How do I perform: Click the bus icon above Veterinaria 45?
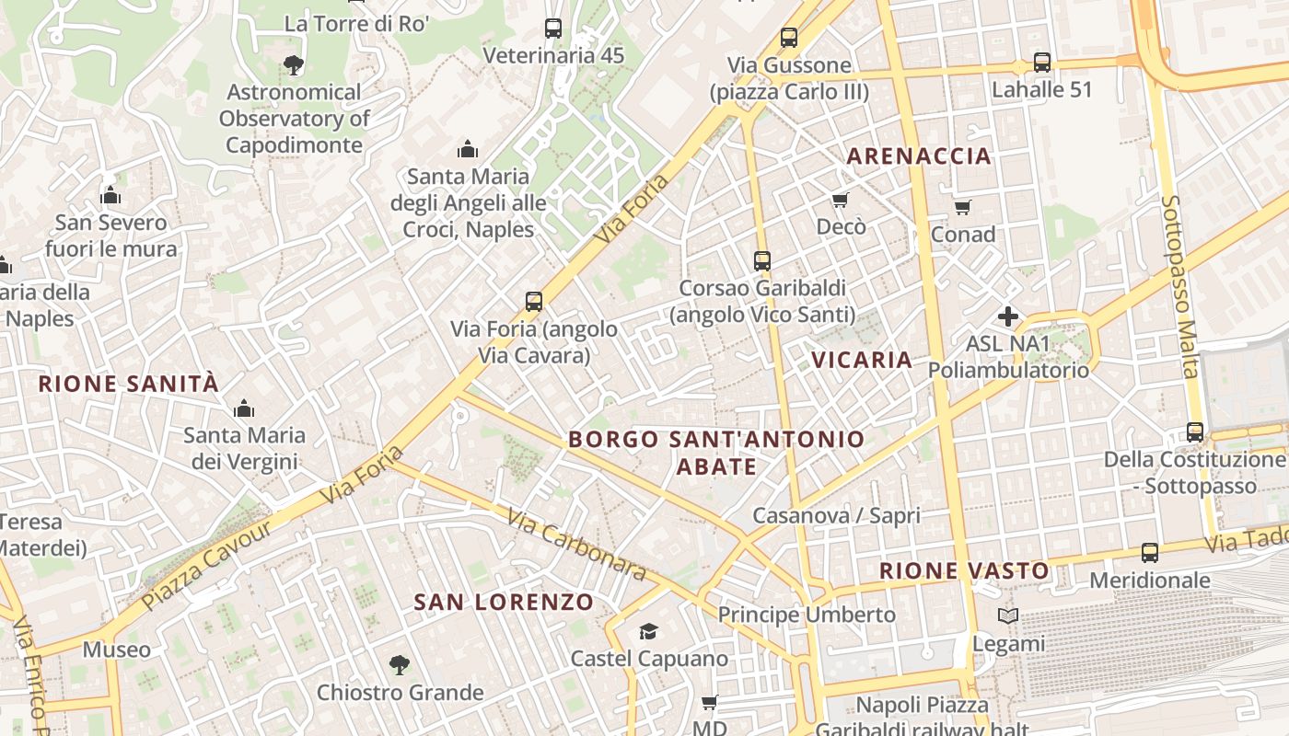[x=552, y=29]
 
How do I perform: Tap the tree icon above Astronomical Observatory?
[x=294, y=64]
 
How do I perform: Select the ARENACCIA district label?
[x=918, y=156]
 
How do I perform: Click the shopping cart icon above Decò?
[x=840, y=200]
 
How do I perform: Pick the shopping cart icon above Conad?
[x=962, y=207]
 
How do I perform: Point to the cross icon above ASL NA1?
[x=1008, y=317]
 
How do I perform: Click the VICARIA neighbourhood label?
[x=862, y=360]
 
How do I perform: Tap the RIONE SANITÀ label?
[x=129, y=384]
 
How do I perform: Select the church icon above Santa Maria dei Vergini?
[x=244, y=408]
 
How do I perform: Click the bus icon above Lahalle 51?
[x=1041, y=63]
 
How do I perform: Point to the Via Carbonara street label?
[x=576, y=546]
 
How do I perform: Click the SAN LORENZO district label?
[x=504, y=603]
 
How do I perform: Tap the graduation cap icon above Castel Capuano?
[x=649, y=631]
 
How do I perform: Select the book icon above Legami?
[x=1008, y=616]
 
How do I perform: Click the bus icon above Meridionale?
[x=1149, y=553]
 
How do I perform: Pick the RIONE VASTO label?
[x=964, y=571]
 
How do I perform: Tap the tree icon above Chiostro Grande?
[x=399, y=664]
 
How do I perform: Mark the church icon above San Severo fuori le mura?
[x=110, y=195]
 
